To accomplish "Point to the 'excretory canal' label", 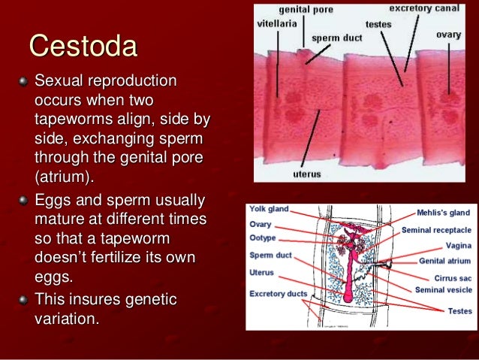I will (x=424, y=8).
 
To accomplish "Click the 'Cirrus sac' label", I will (x=451, y=277).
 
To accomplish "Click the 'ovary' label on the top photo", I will (x=448, y=35).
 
